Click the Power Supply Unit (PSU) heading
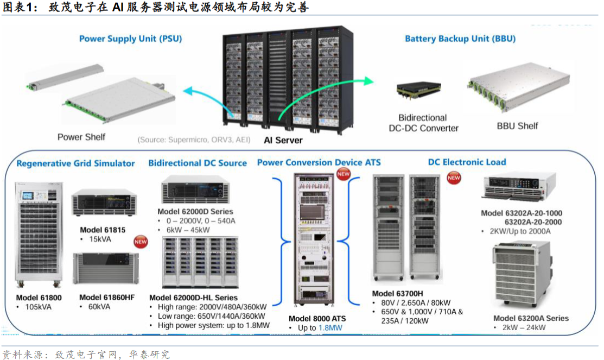coord(130,39)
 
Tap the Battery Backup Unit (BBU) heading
coord(460,39)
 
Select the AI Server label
coord(283,140)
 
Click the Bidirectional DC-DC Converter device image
coord(419,90)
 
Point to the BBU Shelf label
coord(517,126)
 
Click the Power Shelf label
coord(81,137)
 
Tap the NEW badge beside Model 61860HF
coord(141,242)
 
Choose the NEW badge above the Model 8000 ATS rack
coord(343,174)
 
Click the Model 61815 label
coord(103,230)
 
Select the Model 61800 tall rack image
coord(39,235)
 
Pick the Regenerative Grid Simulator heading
coord(75,163)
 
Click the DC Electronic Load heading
coord(467,162)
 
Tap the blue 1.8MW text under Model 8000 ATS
coord(330,328)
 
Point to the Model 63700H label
coord(397,293)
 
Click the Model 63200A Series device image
coord(523,274)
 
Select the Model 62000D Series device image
coord(196,190)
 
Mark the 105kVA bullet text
coord(38,307)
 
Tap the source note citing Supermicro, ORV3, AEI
coord(194,140)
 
